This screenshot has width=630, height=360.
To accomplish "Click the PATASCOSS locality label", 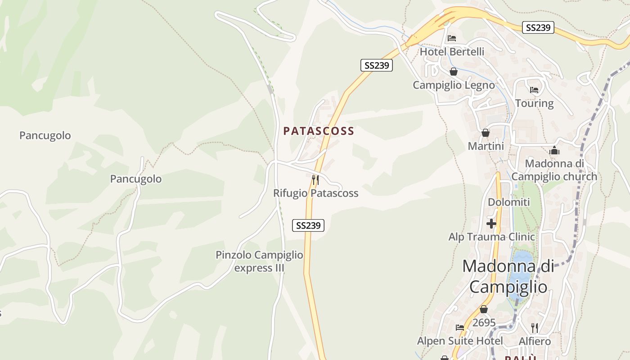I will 319,131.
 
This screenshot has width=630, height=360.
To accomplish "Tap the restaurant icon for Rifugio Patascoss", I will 315,180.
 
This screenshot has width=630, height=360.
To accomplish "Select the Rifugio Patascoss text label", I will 316,193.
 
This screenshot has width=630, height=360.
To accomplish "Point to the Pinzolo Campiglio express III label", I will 259,261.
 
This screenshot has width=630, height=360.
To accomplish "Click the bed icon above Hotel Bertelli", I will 452,38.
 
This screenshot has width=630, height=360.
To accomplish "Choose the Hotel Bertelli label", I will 452,52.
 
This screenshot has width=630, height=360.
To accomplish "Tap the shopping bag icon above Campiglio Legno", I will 453,72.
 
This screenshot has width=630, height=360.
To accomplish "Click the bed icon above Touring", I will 534,90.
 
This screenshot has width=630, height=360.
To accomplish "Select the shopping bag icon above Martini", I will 486,133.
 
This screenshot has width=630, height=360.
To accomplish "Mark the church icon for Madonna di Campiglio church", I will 554,150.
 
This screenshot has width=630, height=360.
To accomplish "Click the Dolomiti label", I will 509,202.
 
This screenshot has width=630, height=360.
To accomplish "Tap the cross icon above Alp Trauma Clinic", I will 491,223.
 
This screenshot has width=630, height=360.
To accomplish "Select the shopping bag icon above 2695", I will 484,309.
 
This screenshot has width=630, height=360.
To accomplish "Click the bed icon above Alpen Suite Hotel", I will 459,327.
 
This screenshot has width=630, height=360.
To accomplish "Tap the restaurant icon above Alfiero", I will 534,328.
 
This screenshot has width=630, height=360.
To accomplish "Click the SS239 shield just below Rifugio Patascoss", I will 308,225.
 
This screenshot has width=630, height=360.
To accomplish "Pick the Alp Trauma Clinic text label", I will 492,237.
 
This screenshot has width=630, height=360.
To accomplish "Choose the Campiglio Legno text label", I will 454,85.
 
